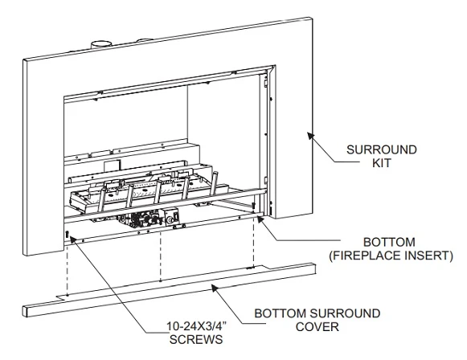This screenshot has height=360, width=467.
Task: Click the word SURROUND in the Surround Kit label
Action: [381, 149]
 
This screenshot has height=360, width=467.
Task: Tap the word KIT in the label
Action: [381, 163]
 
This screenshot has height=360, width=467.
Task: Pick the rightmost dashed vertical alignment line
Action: [253, 245]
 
